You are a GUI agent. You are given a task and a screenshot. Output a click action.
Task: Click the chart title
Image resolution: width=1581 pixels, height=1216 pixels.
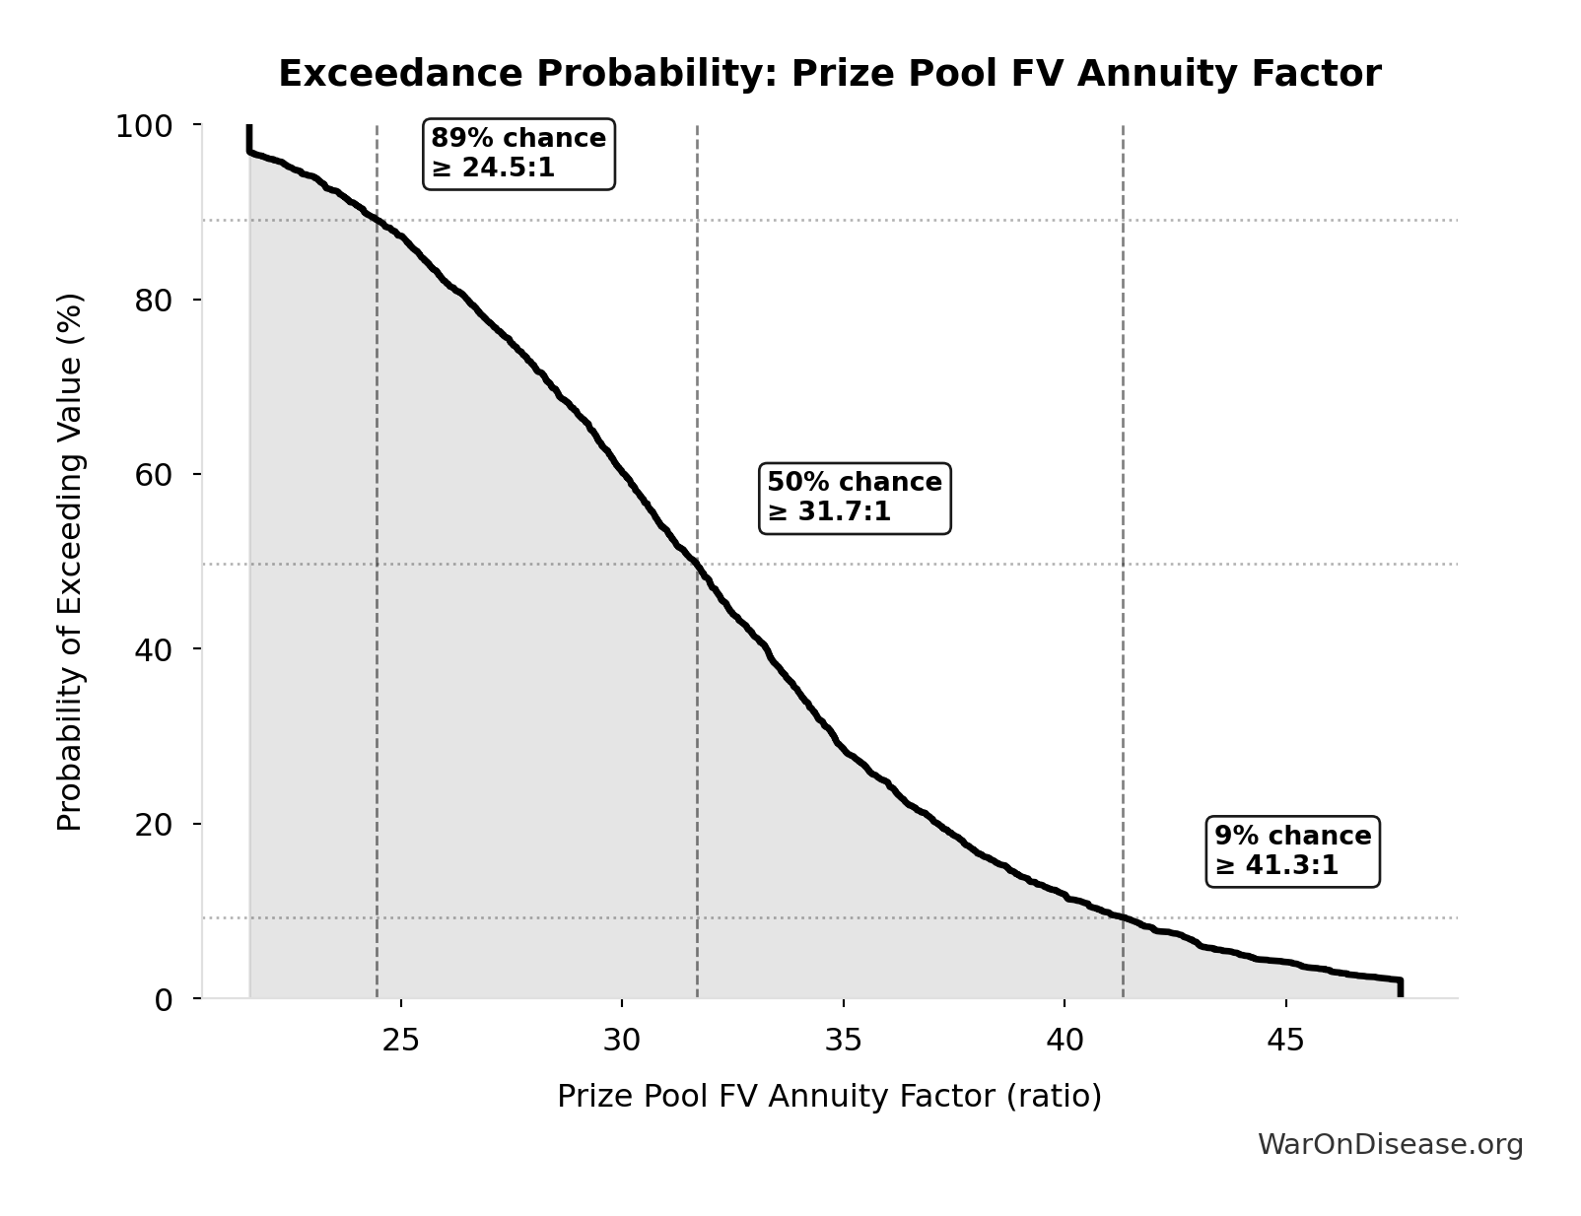829,74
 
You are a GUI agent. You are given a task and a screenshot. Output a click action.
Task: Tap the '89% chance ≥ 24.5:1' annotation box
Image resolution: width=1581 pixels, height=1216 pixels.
519,153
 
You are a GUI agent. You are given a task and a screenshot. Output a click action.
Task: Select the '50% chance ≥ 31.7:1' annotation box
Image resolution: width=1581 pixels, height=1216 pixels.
855,498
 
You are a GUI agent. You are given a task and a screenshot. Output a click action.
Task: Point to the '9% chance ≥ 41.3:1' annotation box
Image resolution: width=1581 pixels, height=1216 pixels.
1292,850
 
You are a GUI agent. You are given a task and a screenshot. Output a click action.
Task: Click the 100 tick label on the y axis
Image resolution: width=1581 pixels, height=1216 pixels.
144,126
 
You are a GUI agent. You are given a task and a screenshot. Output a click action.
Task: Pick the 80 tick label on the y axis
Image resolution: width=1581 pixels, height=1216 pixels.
154,300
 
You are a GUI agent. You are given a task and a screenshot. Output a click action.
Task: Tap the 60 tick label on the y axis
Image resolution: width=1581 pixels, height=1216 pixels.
154,474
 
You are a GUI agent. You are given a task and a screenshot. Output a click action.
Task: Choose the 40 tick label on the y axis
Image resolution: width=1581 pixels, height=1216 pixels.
154,648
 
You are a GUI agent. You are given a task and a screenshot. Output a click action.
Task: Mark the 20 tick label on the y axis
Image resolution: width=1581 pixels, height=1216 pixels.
154,824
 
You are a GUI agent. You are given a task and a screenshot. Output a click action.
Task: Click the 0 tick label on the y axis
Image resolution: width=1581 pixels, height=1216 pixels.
164,999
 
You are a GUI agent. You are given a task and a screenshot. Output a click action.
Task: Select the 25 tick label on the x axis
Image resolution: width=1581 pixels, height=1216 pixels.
401,1040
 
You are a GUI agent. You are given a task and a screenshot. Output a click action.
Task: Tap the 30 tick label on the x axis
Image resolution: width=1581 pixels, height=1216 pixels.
622,1040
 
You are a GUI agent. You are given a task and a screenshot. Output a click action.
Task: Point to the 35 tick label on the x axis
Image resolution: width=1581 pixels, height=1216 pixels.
844,1040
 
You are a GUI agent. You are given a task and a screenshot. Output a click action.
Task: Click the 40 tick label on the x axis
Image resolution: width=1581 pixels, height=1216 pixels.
1065,1040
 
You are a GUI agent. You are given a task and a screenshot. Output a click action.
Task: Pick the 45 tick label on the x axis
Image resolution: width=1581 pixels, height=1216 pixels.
1285,1040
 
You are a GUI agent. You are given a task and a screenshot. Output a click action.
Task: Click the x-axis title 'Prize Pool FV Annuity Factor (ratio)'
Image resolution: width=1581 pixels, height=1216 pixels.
829,1096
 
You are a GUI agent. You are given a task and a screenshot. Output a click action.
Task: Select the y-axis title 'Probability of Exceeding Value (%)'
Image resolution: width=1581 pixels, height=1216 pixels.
70,562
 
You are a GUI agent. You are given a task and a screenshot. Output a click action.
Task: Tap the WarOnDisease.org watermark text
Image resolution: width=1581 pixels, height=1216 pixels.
1390,1144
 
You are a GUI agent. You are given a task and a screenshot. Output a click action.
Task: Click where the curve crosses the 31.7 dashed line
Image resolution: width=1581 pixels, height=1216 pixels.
697,565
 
